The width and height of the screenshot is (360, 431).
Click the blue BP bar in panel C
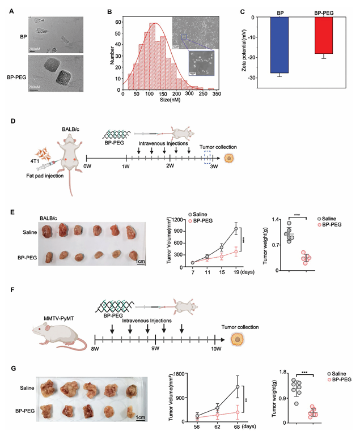tap(279, 45)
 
